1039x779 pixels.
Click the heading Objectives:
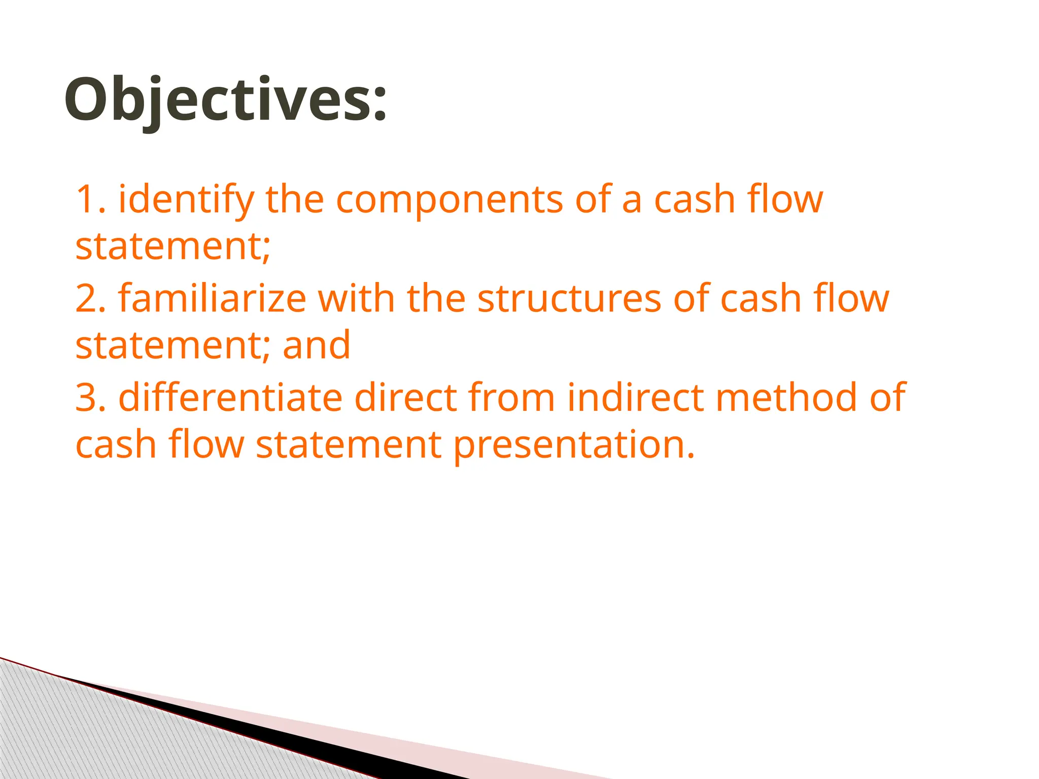[x=226, y=99]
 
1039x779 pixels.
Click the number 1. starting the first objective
[x=90, y=199]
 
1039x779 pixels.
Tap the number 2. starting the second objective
[x=90, y=298]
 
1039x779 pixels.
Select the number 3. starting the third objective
[x=90, y=397]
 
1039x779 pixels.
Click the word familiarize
[x=212, y=298]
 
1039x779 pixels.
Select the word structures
[x=569, y=298]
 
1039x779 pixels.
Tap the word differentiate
[x=230, y=397]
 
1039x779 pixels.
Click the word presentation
[x=573, y=445]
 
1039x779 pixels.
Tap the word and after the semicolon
[x=317, y=345]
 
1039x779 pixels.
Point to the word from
[x=511, y=397]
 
